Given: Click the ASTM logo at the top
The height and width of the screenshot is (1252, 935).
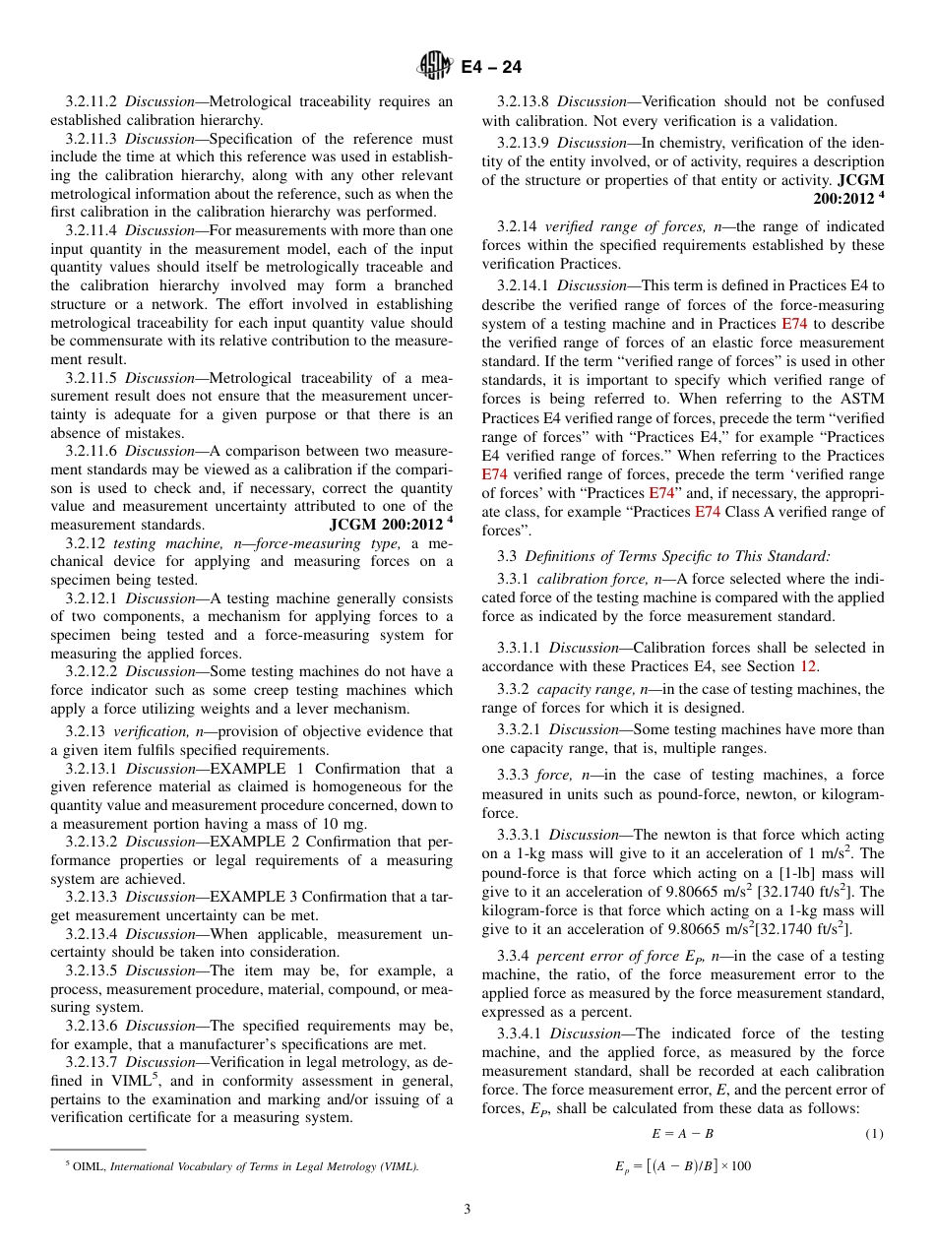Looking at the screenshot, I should [x=434, y=66].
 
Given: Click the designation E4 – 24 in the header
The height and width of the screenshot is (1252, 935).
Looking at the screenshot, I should [x=491, y=67].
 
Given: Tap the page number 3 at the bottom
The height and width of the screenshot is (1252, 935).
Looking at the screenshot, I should [x=467, y=1209].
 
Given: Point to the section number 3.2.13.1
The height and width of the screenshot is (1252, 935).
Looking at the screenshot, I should [x=93, y=769].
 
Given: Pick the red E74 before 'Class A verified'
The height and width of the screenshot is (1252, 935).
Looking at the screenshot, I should [x=708, y=511].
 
